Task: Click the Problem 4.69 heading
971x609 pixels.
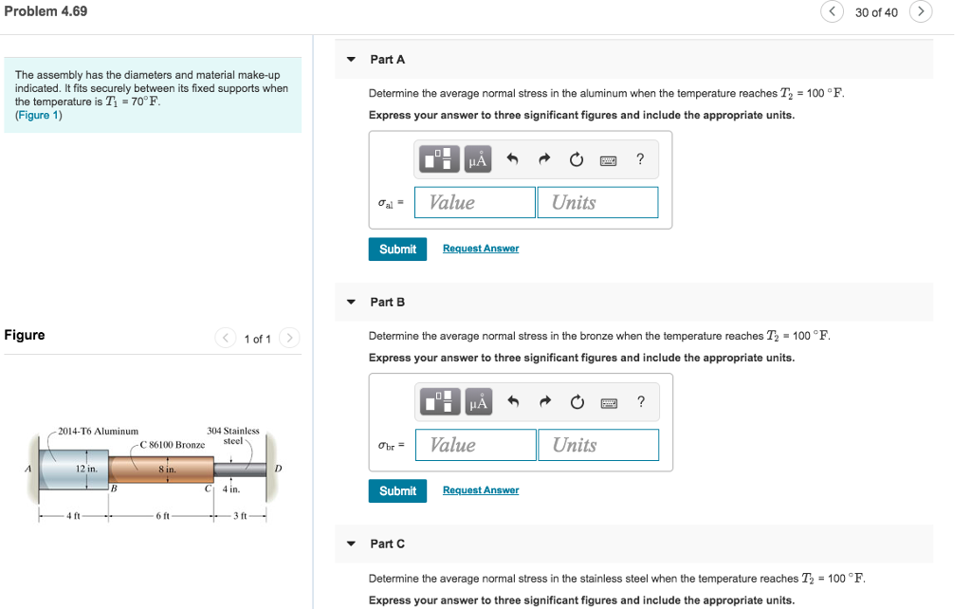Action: (x=46, y=11)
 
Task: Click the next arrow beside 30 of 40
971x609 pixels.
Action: (x=921, y=11)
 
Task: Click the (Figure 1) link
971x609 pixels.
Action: (x=39, y=115)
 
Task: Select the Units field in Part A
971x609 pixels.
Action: (x=597, y=202)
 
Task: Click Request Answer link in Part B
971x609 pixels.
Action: (x=481, y=490)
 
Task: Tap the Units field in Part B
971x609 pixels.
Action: (x=597, y=445)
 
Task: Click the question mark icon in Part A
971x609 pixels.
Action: (x=641, y=160)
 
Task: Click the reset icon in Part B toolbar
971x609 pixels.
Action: (x=576, y=403)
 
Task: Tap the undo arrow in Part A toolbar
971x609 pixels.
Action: (x=512, y=160)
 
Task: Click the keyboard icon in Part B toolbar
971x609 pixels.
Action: (x=608, y=403)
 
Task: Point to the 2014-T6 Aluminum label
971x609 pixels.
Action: (x=98, y=432)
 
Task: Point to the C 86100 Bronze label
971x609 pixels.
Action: (x=172, y=444)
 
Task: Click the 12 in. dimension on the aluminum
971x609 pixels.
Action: (x=86, y=469)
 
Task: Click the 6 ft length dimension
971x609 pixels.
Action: (x=162, y=515)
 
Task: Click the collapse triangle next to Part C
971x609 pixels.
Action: (x=351, y=544)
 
